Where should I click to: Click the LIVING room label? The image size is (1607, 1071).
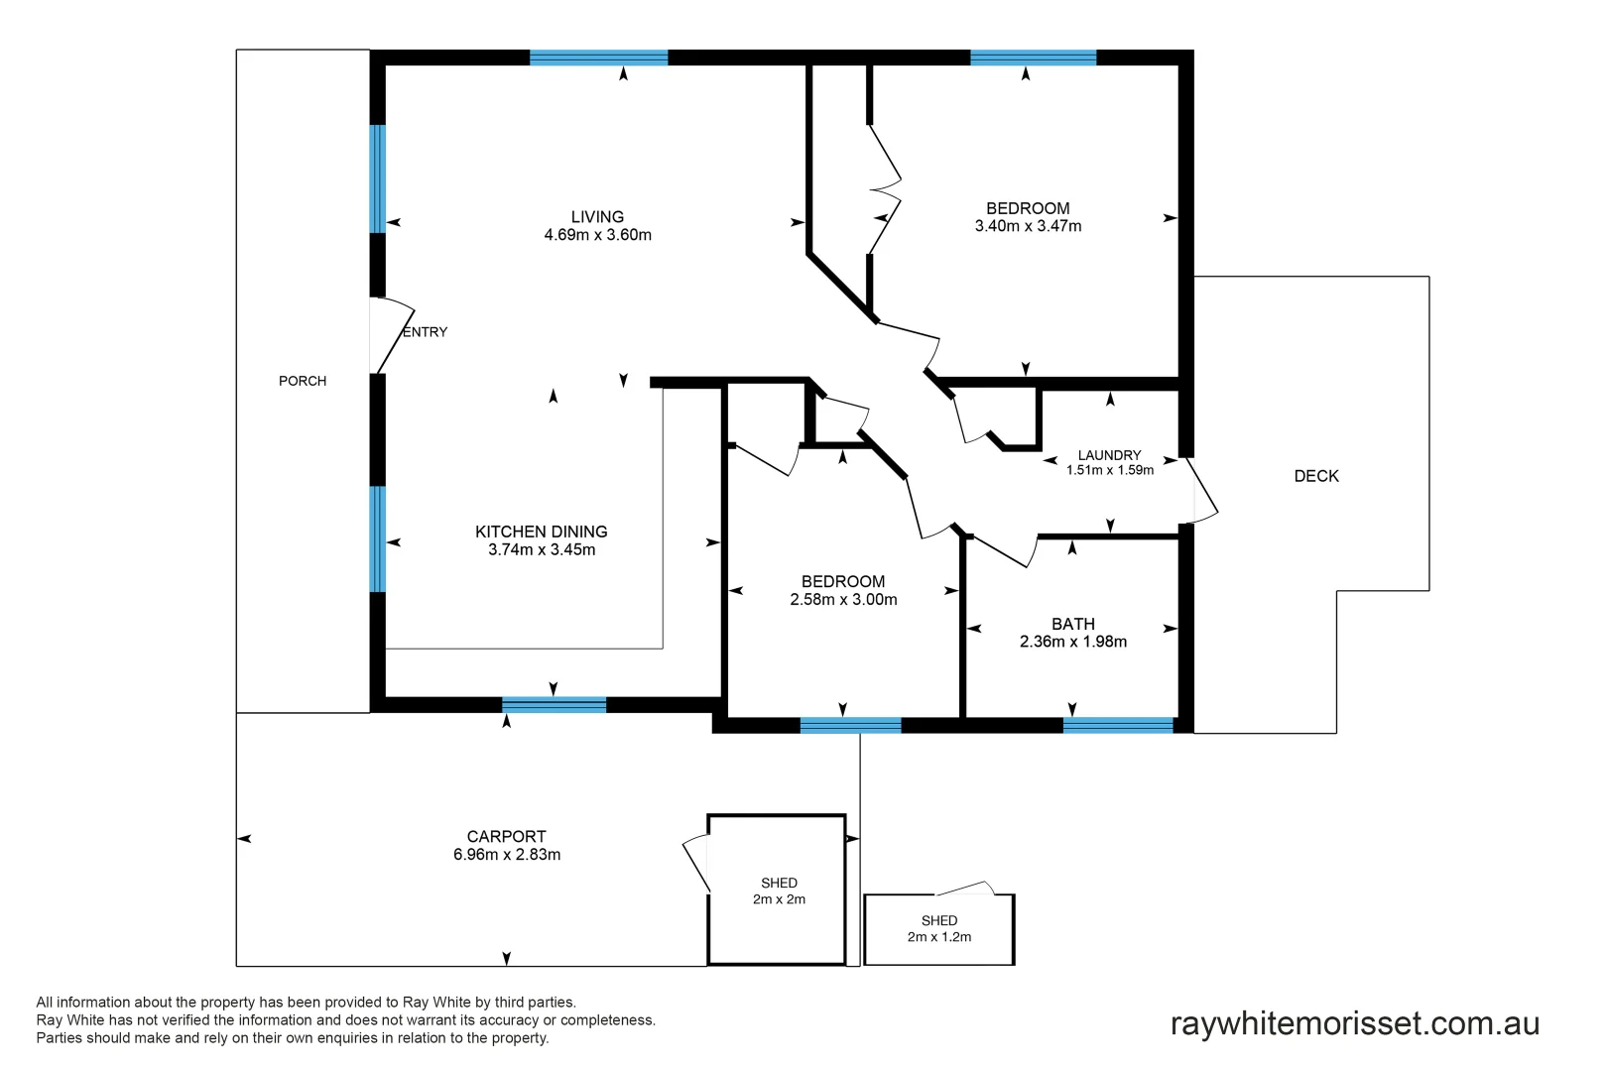597,216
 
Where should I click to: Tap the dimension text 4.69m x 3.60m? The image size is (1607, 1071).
597,235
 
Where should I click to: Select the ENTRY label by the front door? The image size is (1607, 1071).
425,332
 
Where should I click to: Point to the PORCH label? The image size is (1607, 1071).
303,381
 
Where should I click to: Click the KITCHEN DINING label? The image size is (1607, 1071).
541,532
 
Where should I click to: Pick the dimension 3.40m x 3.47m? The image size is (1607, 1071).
1028,226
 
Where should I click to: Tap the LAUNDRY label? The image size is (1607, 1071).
1109,455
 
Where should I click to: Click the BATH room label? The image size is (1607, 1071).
1072,624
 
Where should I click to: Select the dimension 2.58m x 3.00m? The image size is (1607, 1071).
843,600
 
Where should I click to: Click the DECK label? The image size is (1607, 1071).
1316,476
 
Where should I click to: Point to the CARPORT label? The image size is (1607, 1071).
506,836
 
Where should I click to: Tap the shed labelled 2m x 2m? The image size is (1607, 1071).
778,891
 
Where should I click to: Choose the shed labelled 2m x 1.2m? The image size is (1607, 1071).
938,929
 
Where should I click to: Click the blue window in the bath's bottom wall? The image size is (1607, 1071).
1118,725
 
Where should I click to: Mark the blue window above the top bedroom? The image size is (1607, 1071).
1033,58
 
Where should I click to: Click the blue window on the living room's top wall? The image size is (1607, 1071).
598,58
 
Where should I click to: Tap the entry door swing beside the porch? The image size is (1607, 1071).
391,335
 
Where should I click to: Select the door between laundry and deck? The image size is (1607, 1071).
1201,490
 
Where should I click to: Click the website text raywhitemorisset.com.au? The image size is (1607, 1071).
1354,1023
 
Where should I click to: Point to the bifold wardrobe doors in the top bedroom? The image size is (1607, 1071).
885,188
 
